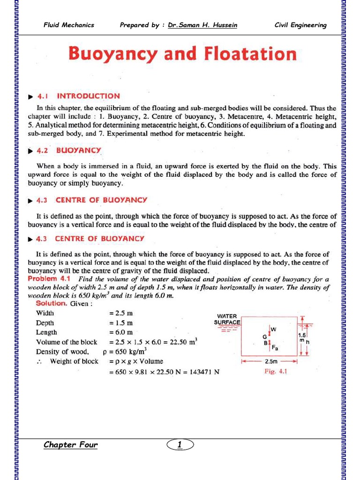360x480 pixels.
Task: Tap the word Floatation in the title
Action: pyautogui.click(x=250, y=54)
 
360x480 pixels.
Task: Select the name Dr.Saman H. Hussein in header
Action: pyautogui.click(x=202, y=25)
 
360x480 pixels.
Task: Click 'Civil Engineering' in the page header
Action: pyautogui.click(x=300, y=25)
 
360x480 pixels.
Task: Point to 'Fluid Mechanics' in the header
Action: pyautogui.click(x=69, y=25)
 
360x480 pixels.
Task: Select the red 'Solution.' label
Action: pyautogui.click(x=52, y=303)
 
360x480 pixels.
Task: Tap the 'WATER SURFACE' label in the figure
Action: pyautogui.click(x=227, y=319)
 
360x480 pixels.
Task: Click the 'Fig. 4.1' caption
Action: pyautogui.click(x=276, y=372)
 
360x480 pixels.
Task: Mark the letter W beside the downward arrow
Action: pyautogui.click(x=274, y=330)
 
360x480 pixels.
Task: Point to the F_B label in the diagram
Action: pyautogui.click(x=275, y=348)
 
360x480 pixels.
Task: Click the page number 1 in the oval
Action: pyautogui.click(x=180, y=444)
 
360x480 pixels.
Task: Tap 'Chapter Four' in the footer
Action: pyautogui.click(x=70, y=444)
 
